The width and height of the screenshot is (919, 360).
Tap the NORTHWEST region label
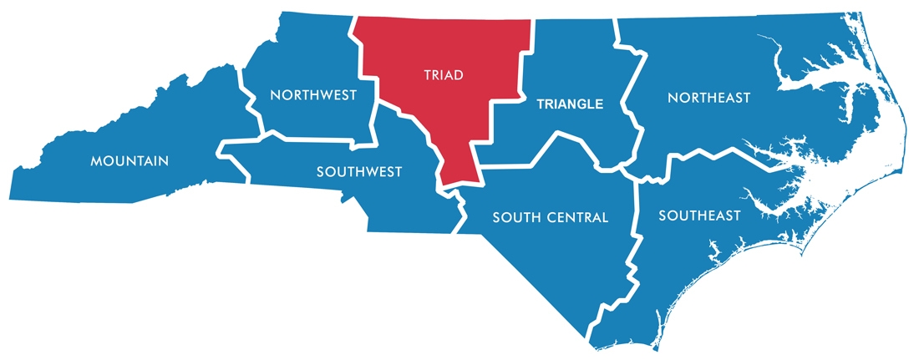314,95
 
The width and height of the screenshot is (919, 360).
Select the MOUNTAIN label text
129,160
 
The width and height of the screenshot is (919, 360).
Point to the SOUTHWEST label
359,172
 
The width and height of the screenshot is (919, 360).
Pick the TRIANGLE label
569,104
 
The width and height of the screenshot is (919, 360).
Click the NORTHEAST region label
709,99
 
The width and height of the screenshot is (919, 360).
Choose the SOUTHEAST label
699,216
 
